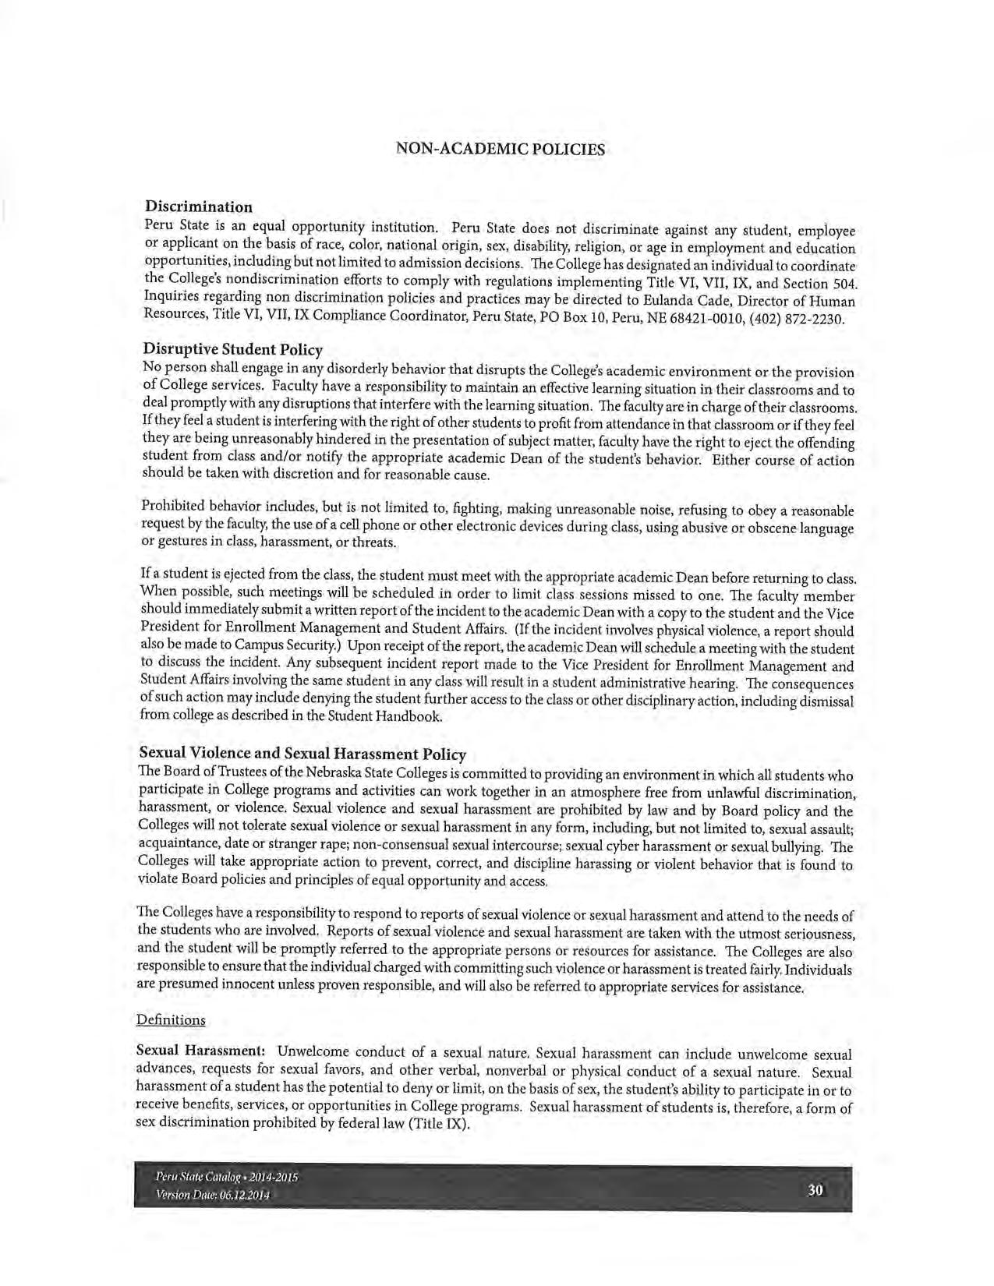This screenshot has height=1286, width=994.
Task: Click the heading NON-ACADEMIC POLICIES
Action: pos(501,149)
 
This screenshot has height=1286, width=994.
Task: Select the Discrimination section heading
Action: pos(199,207)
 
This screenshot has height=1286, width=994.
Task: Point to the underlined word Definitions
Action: pos(171,1019)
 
